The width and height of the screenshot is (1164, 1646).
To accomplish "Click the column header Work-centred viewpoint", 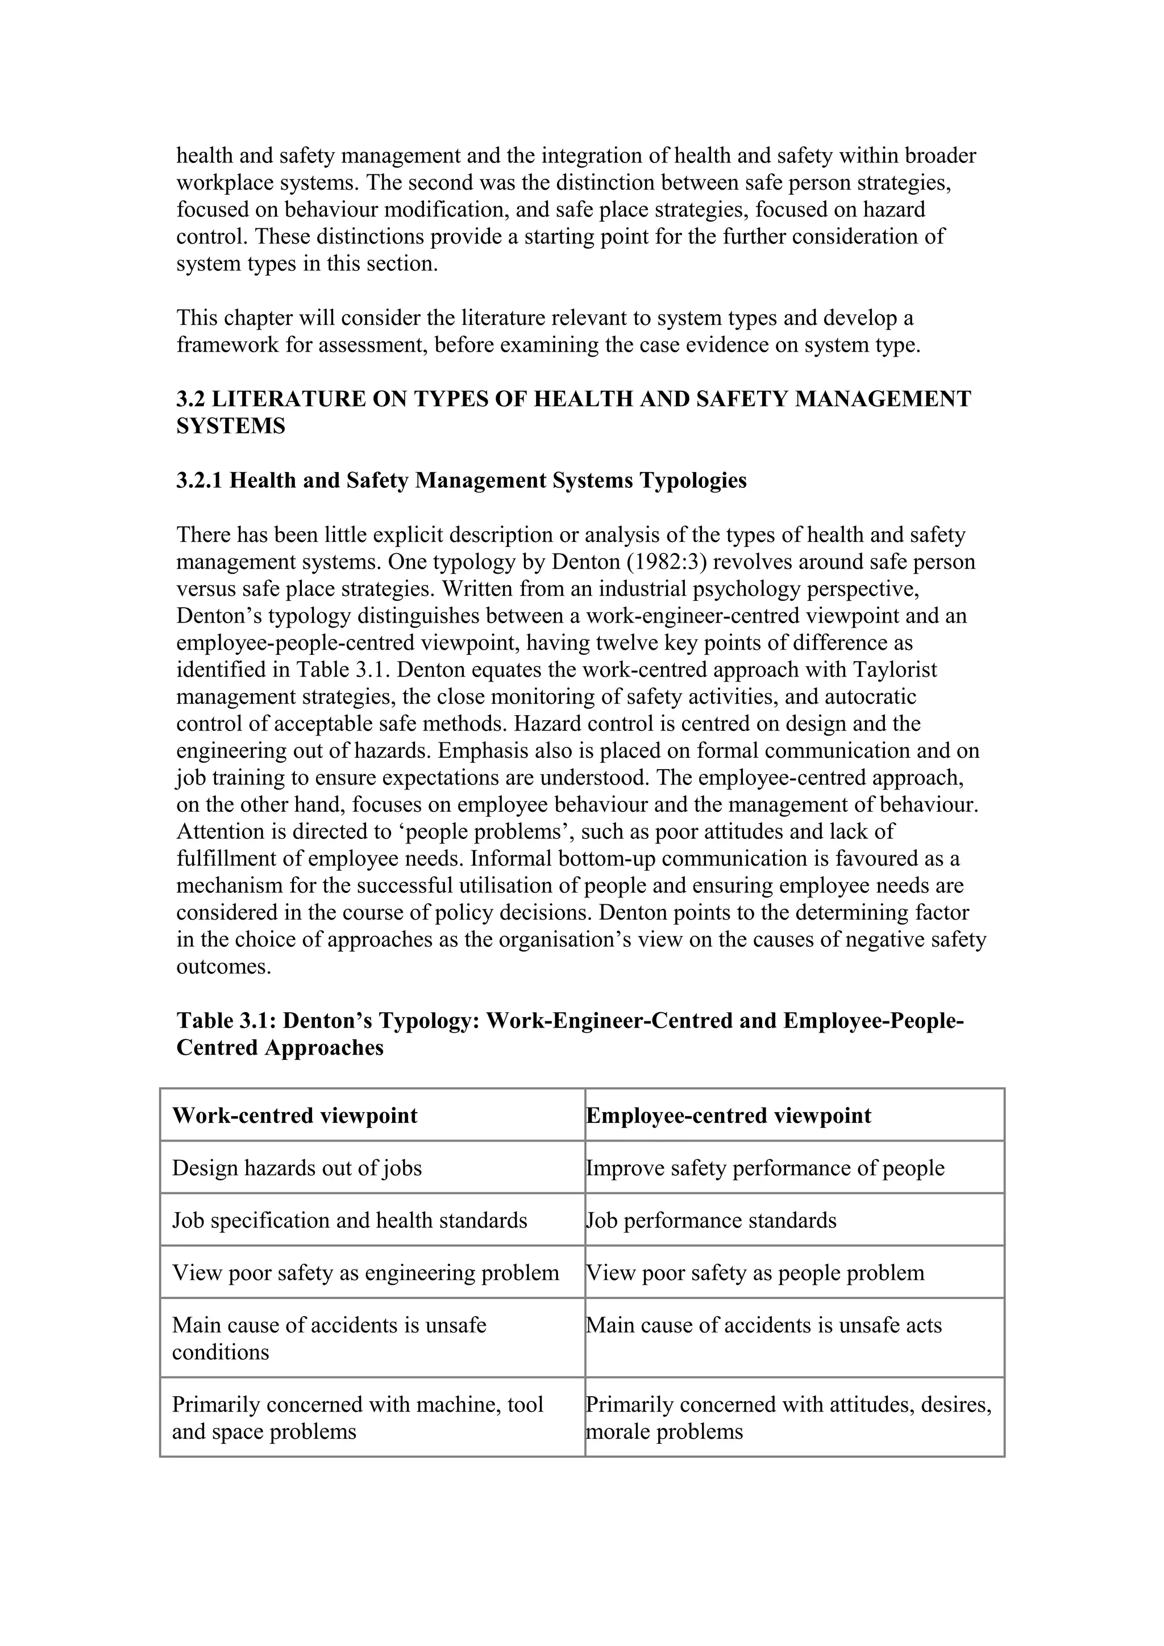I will point(295,1116).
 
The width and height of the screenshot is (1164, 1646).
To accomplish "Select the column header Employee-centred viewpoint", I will point(729,1116).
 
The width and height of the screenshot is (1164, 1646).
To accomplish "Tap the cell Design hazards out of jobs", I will point(297,1168).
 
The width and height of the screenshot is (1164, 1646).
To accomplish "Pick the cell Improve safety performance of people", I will point(765,1168).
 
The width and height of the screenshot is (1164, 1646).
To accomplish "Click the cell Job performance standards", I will point(712,1220).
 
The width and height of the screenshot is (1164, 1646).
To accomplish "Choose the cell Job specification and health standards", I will point(350,1220).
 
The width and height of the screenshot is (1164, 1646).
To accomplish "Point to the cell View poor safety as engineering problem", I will point(365,1272).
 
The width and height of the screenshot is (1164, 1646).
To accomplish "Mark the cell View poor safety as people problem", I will point(755,1272).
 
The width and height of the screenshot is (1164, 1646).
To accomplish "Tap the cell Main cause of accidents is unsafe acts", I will point(764,1325).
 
